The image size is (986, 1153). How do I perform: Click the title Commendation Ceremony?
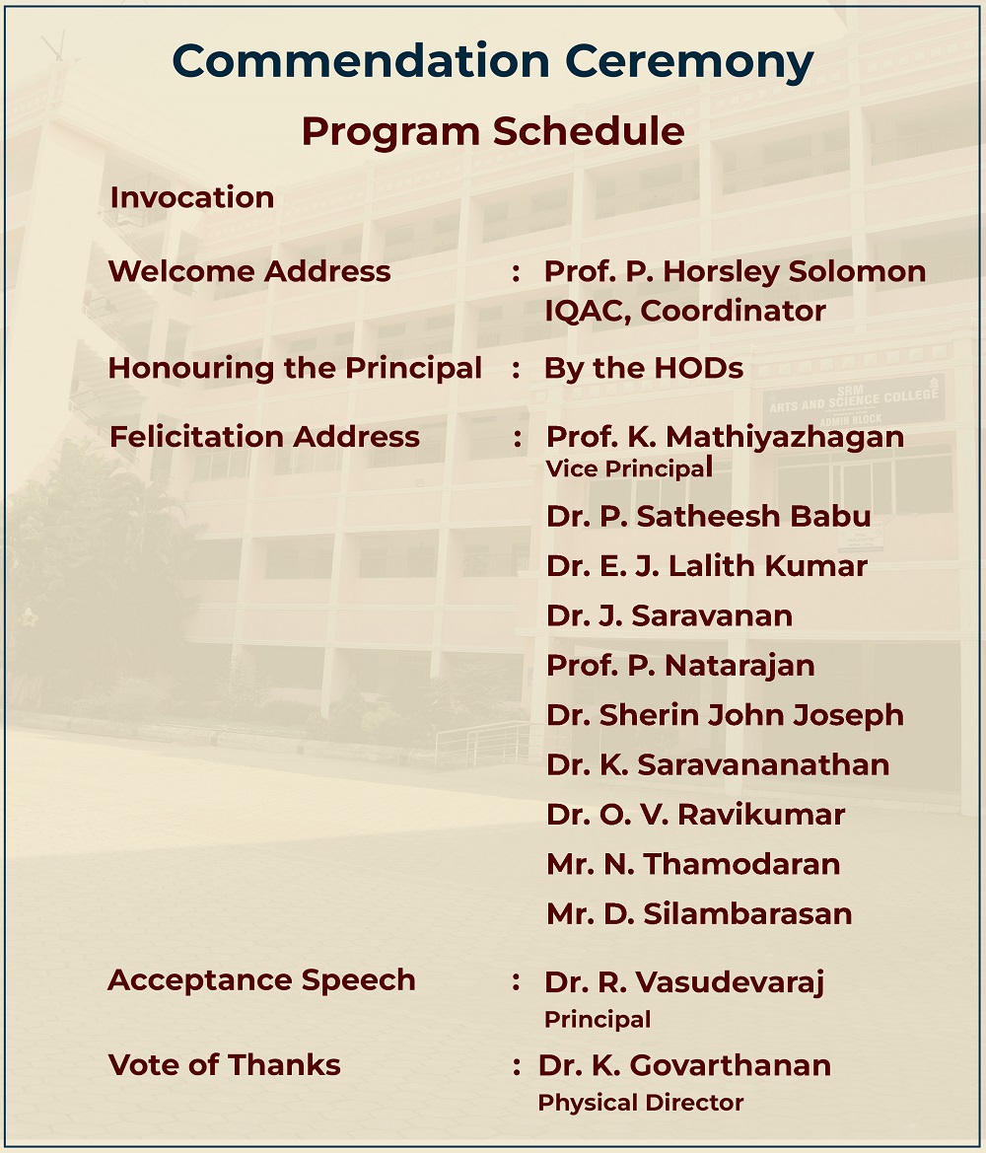pos(493,62)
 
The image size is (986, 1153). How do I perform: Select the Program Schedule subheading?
pos(493,132)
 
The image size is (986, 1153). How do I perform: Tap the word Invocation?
pos(192,197)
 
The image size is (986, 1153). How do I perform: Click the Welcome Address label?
pos(249,271)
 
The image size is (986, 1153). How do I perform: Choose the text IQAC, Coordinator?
pos(685,311)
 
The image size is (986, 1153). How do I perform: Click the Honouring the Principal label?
pos(295,369)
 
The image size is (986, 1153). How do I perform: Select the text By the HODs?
pos(644,369)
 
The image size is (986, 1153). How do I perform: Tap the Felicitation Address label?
pos(264,437)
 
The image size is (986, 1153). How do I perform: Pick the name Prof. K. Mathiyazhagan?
pos(725,438)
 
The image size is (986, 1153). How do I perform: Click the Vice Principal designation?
pos(629,468)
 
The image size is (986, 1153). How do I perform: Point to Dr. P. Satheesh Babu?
pos(709,516)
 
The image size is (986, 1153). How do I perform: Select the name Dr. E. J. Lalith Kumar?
pos(707,566)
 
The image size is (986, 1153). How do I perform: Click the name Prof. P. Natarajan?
pos(681,666)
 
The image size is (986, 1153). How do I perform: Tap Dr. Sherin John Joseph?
pos(725,715)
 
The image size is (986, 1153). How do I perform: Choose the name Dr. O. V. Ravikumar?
pos(695,815)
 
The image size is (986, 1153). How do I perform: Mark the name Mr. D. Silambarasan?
pos(699,914)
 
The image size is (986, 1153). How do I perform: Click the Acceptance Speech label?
pos(261,981)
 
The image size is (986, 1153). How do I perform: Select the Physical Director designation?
pos(641,1103)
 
